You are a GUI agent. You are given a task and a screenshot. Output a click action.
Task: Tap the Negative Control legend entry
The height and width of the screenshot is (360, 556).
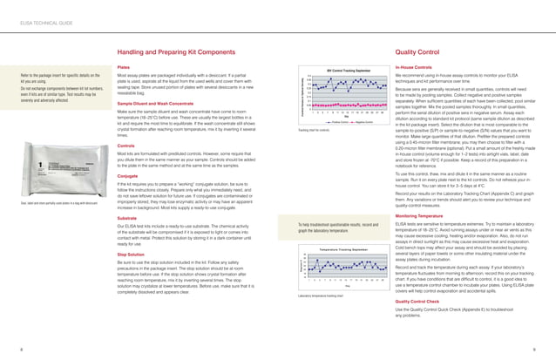tap(357, 123)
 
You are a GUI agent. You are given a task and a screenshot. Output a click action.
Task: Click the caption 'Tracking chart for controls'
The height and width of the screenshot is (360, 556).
tap(315, 130)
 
